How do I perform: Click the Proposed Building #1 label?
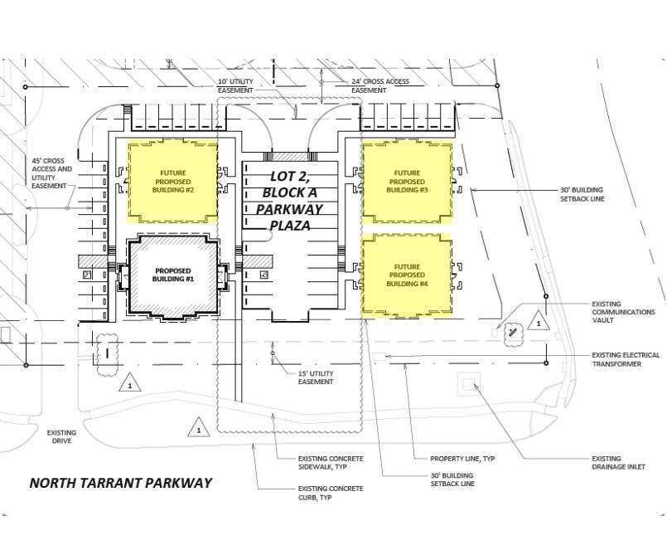pos(173,275)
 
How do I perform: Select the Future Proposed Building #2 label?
pos(173,182)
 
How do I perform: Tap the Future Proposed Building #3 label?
pos(407,182)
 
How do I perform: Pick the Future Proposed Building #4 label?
pos(407,275)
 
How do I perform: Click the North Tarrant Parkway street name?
pos(121,483)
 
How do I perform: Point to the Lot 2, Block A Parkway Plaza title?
pos(290,201)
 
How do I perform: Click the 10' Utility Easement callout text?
pos(235,85)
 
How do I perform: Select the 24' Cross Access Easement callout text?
pos(380,85)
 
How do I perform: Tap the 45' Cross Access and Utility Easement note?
pos(52,173)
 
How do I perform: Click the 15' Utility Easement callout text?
pos(316,377)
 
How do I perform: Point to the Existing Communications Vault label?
pos(623,312)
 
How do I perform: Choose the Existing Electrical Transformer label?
pos(626,359)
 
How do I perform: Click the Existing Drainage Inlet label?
pos(618,463)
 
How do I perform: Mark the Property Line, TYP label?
pos(462,459)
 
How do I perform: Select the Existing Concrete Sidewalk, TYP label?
pos(331,463)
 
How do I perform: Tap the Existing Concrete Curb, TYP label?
pos(331,493)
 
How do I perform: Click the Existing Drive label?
pos(61,436)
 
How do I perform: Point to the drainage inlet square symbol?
pos(468,385)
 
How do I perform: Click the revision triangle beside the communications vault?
pos(539,321)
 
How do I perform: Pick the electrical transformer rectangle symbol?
pos(379,357)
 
